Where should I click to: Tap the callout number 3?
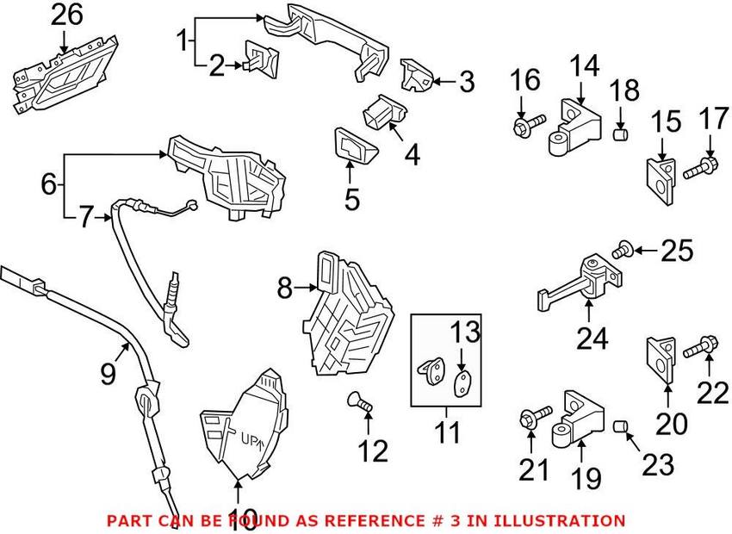click(466, 82)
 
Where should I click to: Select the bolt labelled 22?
click(698, 350)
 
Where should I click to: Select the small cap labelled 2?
click(260, 59)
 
